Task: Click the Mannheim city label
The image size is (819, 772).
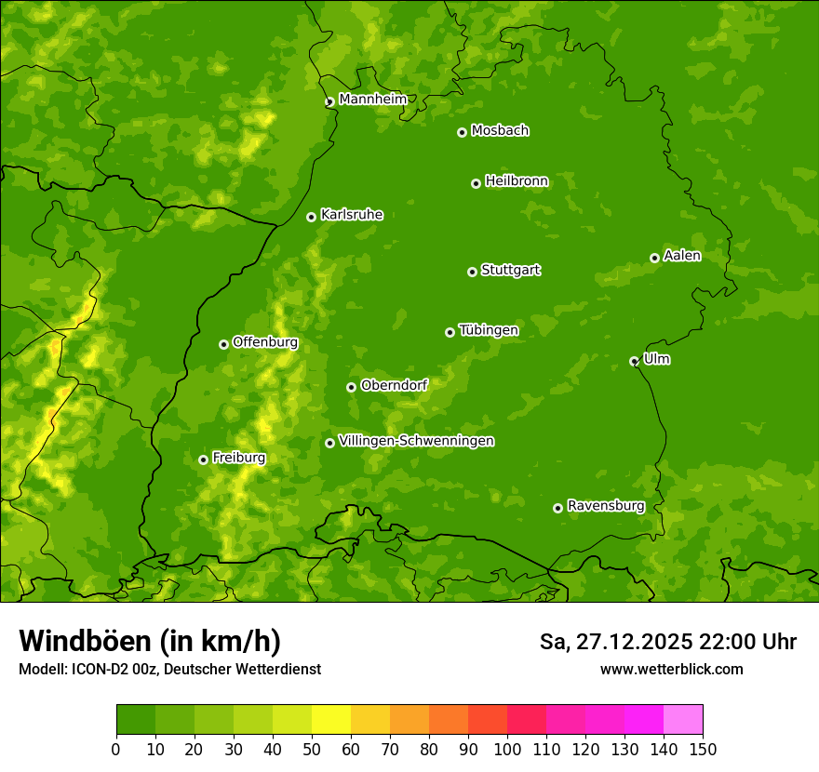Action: pyautogui.click(x=372, y=99)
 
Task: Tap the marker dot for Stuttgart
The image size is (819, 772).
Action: pyautogui.click(x=472, y=272)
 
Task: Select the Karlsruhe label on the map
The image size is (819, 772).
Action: pyautogui.click(x=351, y=215)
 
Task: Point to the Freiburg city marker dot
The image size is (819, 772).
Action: pyautogui.click(x=203, y=459)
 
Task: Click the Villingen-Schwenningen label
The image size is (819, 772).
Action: pyautogui.click(x=416, y=441)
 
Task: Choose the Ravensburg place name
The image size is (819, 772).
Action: pyautogui.click(x=605, y=506)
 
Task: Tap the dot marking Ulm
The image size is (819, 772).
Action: pyautogui.click(x=634, y=361)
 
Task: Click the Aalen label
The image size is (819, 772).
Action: pyautogui.click(x=681, y=256)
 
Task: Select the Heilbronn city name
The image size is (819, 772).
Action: pyautogui.click(x=517, y=181)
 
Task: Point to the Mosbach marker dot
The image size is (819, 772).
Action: pyautogui.click(x=462, y=132)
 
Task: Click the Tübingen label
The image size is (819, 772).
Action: pyautogui.click(x=488, y=330)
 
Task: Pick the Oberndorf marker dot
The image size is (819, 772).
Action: pyautogui.click(x=351, y=387)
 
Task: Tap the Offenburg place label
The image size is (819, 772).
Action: pyautogui.click(x=264, y=342)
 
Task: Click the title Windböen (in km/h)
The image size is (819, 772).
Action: pyautogui.click(x=150, y=641)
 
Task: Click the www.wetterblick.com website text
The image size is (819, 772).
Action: pyautogui.click(x=671, y=669)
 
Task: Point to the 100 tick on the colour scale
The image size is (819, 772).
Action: pyautogui.click(x=507, y=749)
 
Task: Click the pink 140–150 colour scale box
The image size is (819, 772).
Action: pyautogui.click(x=683, y=720)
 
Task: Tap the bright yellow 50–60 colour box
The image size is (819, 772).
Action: pyautogui.click(x=331, y=720)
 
